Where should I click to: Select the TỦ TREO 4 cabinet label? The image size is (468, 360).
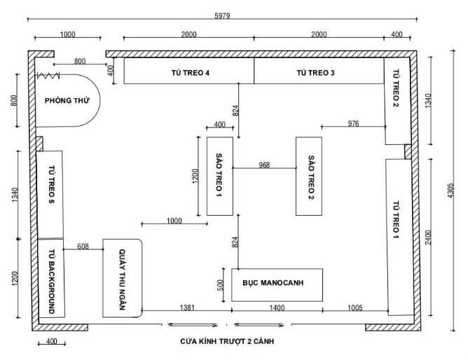click(190, 72)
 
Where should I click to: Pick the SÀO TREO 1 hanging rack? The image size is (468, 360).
click(219, 176)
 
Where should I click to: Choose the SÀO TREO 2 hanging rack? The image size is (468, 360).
click(308, 176)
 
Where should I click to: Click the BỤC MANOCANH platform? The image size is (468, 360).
click(277, 284)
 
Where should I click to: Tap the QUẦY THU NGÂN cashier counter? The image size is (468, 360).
click(123, 279)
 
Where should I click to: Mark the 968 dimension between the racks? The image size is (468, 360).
click(264, 166)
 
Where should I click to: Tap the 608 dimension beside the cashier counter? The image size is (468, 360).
click(83, 246)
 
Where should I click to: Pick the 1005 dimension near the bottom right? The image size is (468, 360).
click(355, 307)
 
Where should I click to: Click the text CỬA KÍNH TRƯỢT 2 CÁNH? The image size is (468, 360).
click(226, 342)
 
